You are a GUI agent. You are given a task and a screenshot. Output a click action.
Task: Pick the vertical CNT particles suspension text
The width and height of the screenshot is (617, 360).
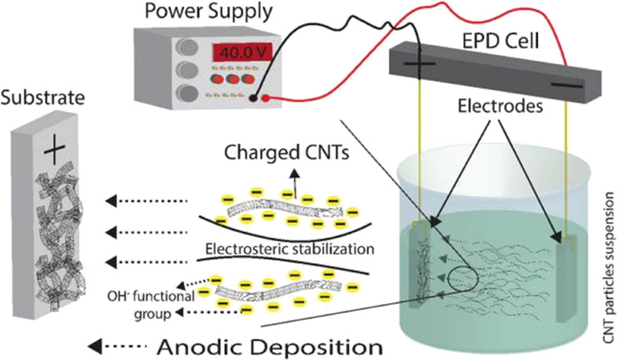[608, 266]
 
